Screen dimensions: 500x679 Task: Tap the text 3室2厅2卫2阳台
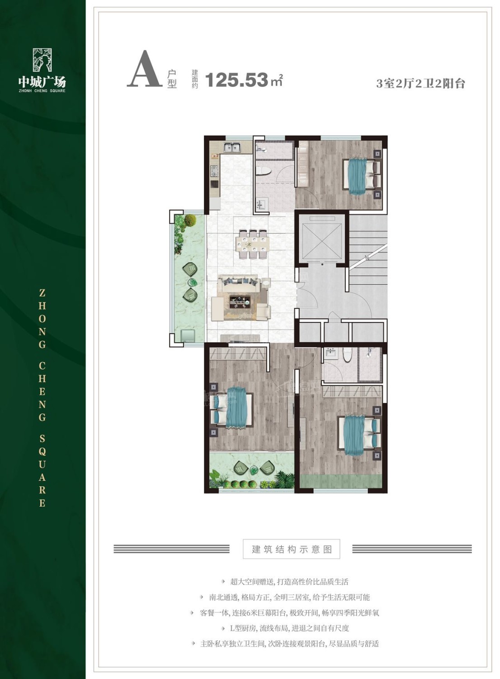coord(420,83)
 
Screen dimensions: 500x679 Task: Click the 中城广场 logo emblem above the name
coord(42,60)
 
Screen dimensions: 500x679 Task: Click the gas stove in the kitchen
coord(215,171)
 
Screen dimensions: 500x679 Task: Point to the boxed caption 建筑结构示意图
coord(292,549)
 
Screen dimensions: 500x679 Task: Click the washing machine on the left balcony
coord(188,336)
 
